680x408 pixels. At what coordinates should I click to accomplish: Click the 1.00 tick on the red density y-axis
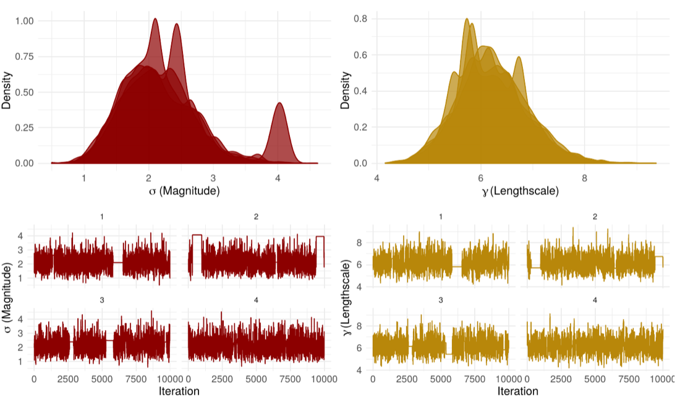(x=24, y=21)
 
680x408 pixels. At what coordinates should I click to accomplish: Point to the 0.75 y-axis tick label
(x=24, y=57)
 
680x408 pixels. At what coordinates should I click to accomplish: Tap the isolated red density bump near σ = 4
(x=279, y=130)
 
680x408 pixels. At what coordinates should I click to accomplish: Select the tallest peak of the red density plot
(x=155, y=19)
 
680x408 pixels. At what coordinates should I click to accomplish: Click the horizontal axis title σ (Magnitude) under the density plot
(x=184, y=191)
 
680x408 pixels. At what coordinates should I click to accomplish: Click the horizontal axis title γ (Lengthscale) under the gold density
(x=520, y=191)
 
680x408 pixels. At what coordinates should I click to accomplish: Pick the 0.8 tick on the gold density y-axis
(x=360, y=19)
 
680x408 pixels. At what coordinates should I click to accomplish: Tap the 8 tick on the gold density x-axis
(x=584, y=178)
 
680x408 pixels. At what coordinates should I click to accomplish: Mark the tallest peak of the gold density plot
(x=467, y=19)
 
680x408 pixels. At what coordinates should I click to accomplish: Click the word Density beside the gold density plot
(x=345, y=91)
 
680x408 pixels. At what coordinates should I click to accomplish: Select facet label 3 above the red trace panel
(x=102, y=300)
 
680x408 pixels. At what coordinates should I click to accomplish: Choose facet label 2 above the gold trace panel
(x=595, y=217)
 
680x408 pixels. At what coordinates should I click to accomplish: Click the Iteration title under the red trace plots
(x=179, y=391)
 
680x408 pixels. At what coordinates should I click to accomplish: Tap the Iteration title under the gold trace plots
(x=518, y=391)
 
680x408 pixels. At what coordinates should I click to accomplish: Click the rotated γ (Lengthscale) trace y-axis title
(x=346, y=298)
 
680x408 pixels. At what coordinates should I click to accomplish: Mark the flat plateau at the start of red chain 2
(x=197, y=235)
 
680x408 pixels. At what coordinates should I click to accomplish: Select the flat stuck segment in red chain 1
(x=118, y=262)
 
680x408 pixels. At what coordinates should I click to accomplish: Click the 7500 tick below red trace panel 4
(x=290, y=380)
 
